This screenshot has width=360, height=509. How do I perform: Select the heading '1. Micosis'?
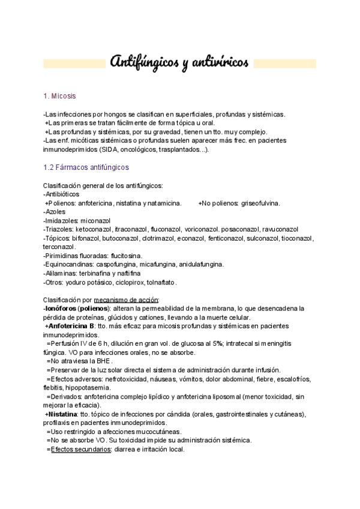point(60,96)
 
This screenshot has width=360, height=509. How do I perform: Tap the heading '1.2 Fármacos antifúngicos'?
point(86,167)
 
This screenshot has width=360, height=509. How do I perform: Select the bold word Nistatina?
point(62,414)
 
